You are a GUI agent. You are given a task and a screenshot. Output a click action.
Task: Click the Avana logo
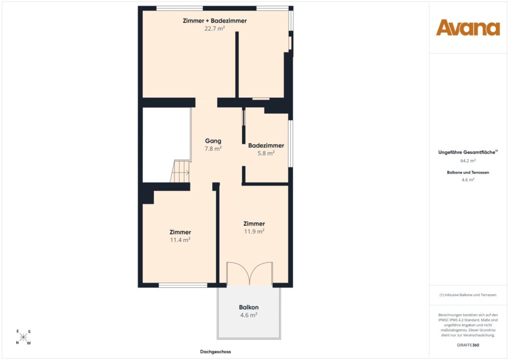[x=468, y=27]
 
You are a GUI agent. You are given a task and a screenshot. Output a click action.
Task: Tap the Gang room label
[x=213, y=141]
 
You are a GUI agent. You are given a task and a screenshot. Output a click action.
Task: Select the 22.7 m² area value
[x=215, y=28]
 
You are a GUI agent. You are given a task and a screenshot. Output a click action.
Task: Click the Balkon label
[x=249, y=307]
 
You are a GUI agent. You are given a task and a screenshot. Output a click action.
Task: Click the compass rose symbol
[x=23, y=337]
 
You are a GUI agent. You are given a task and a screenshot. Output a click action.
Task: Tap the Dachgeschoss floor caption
[x=216, y=352]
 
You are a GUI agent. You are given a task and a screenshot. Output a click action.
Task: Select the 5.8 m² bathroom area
[x=266, y=153]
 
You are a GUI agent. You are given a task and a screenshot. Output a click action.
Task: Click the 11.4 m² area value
[x=180, y=240]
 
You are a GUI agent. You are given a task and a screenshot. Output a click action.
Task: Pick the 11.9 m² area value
[x=254, y=231]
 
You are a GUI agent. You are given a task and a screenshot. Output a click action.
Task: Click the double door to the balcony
[x=250, y=273]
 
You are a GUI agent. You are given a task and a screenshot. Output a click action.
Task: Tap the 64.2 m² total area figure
[x=468, y=161]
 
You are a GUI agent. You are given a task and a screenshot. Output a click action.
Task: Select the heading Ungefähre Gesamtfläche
[x=467, y=152]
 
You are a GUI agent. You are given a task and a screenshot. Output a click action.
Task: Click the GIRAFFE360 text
[x=468, y=345]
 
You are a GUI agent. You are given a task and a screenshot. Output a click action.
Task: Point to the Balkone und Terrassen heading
[x=468, y=173]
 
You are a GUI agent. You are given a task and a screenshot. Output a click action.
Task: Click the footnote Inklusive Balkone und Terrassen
[x=468, y=295]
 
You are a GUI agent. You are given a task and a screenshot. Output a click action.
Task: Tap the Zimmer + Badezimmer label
[x=215, y=21]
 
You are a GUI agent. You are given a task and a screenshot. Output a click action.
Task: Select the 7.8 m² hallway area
[x=213, y=149]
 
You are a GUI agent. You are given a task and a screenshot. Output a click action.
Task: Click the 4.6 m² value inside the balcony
[x=249, y=315]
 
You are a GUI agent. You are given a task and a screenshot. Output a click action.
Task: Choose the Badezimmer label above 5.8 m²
[x=266, y=145]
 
